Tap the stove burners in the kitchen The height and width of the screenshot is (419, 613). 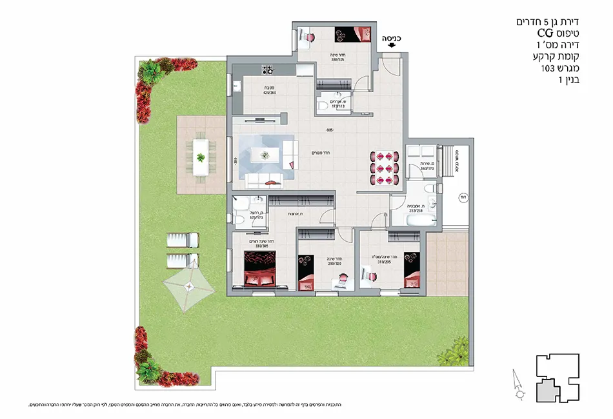266,69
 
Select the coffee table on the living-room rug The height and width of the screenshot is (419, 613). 265,154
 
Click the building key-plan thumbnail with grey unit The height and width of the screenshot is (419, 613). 558,380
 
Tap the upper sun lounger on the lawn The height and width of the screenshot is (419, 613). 181,240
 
